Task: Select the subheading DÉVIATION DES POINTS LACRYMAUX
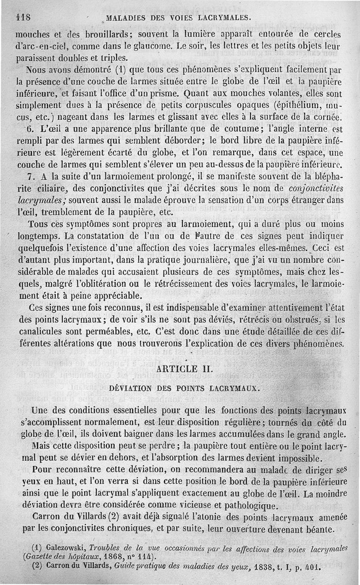pyautogui.click(x=184, y=388)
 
